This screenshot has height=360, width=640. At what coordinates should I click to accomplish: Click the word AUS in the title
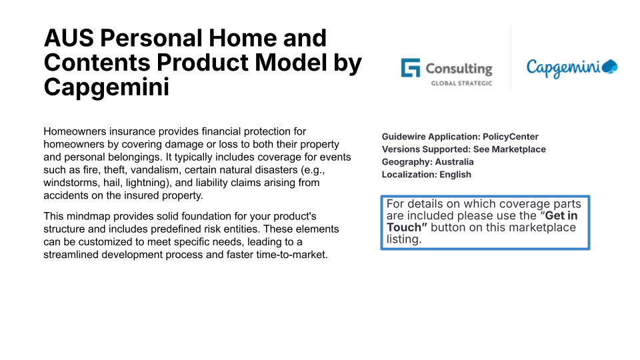tap(69, 38)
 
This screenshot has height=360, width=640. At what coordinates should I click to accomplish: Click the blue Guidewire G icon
tap(410, 68)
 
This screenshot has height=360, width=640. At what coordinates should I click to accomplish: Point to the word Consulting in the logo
tap(459, 69)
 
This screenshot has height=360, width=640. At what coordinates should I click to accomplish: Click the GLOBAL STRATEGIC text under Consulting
tap(461, 83)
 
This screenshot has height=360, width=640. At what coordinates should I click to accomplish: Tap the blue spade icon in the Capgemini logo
tap(610, 67)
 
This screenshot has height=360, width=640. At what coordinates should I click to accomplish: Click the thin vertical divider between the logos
tap(511, 57)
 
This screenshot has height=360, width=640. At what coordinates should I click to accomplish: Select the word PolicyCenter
tap(511, 137)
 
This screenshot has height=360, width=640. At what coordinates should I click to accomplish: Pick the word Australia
tap(454, 162)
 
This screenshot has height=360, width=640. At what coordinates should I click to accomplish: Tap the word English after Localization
tap(455, 175)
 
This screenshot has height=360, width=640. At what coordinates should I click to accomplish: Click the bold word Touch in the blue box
tap(404, 227)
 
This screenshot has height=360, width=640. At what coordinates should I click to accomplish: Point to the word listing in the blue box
tap(404, 239)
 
